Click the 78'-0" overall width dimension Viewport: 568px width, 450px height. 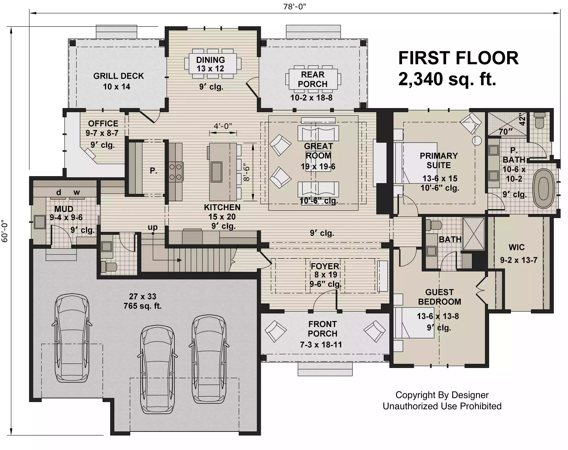point(294,6)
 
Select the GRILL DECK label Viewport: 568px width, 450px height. point(119,76)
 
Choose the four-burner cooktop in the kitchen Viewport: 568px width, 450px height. point(176,172)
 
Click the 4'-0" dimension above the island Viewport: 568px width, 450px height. point(223,126)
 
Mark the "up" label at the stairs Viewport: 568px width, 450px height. point(152,227)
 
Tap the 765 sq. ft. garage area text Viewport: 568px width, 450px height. point(143,306)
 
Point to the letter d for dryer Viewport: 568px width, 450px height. point(58,192)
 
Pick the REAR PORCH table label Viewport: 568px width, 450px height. point(313,79)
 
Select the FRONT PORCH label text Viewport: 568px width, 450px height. point(323,329)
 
